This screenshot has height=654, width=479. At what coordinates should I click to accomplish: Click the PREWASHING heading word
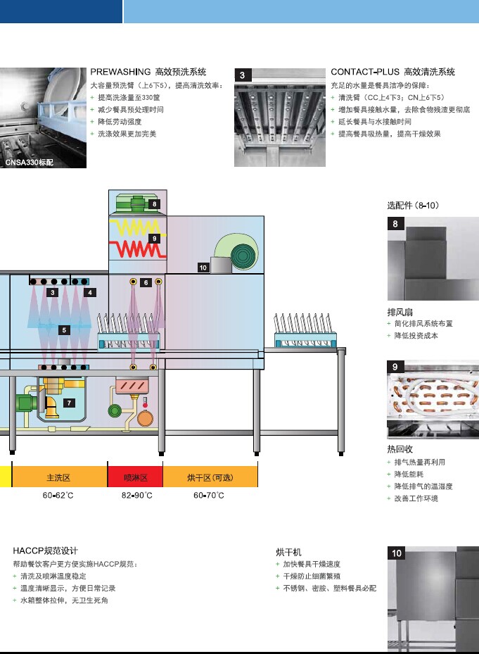[x=120, y=72]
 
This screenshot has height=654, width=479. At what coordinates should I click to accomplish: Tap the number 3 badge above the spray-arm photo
[x=242, y=75]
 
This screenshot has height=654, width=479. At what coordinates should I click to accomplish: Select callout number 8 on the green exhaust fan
[x=155, y=204]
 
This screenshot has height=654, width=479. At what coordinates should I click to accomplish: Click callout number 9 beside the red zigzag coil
[x=155, y=239]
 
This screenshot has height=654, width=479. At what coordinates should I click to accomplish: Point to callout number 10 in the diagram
[x=203, y=268]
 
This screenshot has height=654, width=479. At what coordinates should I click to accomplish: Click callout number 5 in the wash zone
[x=64, y=329]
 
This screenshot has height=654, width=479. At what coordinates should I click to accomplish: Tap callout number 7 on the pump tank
[x=68, y=403]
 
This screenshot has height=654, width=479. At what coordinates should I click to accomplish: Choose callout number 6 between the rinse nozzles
[x=146, y=282]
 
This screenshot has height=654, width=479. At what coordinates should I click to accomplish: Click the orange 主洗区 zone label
[x=58, y=477]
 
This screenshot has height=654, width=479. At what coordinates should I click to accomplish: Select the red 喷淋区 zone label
[x=134, y=477]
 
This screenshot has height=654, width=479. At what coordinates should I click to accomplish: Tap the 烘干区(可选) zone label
[x=210, y=477]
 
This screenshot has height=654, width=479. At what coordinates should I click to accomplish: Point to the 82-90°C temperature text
[x=136, y=496]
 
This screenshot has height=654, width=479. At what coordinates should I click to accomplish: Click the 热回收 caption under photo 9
[x=400, y=449]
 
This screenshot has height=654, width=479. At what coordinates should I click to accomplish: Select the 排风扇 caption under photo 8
[x=400, y=311]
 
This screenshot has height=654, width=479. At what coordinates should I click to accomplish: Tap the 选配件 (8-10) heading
[x=413, y=206]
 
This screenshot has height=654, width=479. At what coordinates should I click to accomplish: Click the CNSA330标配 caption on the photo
[x=30, y=163]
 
